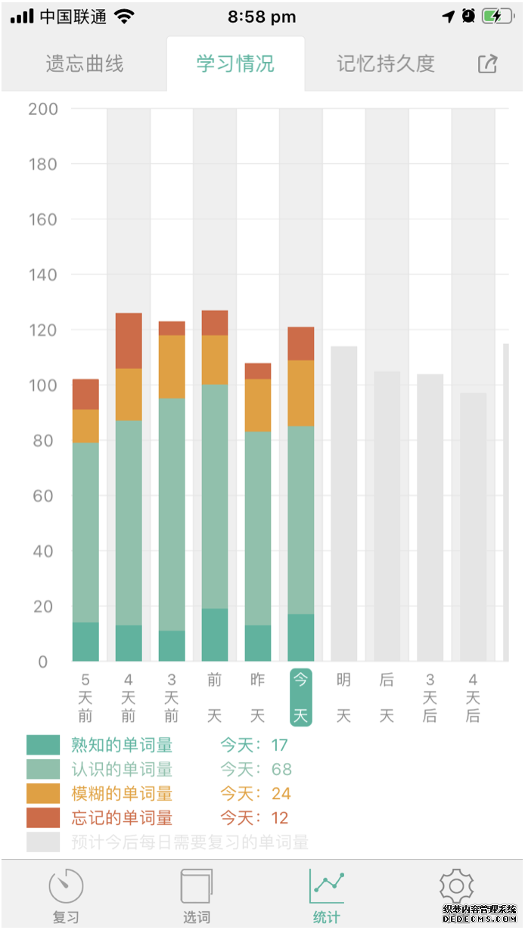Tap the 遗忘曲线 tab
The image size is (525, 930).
coord(84,64)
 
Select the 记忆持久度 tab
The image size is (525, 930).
coord(386,64)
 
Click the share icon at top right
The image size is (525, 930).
coord(488,64)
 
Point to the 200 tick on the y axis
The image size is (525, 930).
coord(43,109)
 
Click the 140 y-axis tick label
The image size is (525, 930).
coord(43,274)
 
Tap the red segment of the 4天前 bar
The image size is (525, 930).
coord(129,340)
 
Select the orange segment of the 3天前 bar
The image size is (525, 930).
coord(172,367)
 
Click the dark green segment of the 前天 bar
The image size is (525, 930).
coord(215,635)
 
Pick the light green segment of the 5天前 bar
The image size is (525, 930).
coord(85,532)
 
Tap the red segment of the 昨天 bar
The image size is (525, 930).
coord(258,371)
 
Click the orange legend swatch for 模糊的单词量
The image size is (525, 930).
coord(42,793)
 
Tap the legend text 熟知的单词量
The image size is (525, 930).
coord(122,746)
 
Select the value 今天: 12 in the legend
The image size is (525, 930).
coord(254,817)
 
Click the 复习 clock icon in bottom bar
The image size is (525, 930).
coord(66,887)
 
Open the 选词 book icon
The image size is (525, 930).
coord(196,887)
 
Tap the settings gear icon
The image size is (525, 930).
coord(456,887)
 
